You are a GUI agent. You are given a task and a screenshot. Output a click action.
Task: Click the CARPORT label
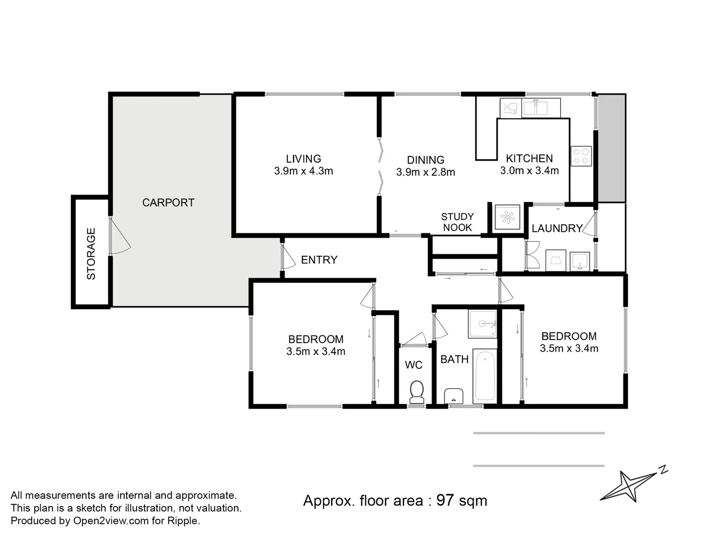coord(168,203)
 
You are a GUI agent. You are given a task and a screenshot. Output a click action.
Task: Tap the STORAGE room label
coord(91,254)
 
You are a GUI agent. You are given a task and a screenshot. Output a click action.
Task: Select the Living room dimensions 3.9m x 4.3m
coord(303,171)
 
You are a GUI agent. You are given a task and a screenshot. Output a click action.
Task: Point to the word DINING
coord(426,160)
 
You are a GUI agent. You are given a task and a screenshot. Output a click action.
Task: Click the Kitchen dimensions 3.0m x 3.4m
coord(529,171)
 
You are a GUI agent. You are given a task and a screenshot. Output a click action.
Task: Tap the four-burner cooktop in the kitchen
coord(581,156)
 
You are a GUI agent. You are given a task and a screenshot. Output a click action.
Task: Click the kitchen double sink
coord(541,108)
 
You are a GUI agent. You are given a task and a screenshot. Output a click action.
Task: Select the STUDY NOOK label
coord(457,222)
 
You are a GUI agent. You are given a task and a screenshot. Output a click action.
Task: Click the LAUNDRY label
coord(557,228)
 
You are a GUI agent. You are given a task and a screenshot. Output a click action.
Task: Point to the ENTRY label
coord(319,260)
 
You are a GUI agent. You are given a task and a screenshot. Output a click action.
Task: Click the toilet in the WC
coord(417,392)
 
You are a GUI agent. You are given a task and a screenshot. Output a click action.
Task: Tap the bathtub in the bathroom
coord(485,376)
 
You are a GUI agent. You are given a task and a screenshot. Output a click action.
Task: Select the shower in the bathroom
coord(483,324)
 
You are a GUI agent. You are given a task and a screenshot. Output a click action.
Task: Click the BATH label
coord(454,359)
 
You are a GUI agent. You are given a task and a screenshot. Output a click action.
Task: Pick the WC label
coord(414,365)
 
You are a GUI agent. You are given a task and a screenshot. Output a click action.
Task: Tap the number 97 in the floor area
coord(445,500)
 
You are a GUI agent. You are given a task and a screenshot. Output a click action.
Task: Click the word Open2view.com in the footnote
coord(111,521)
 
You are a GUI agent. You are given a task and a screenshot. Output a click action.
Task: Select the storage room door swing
coord(120,235)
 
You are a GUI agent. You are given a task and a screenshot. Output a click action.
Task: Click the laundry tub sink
coord(580,262)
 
